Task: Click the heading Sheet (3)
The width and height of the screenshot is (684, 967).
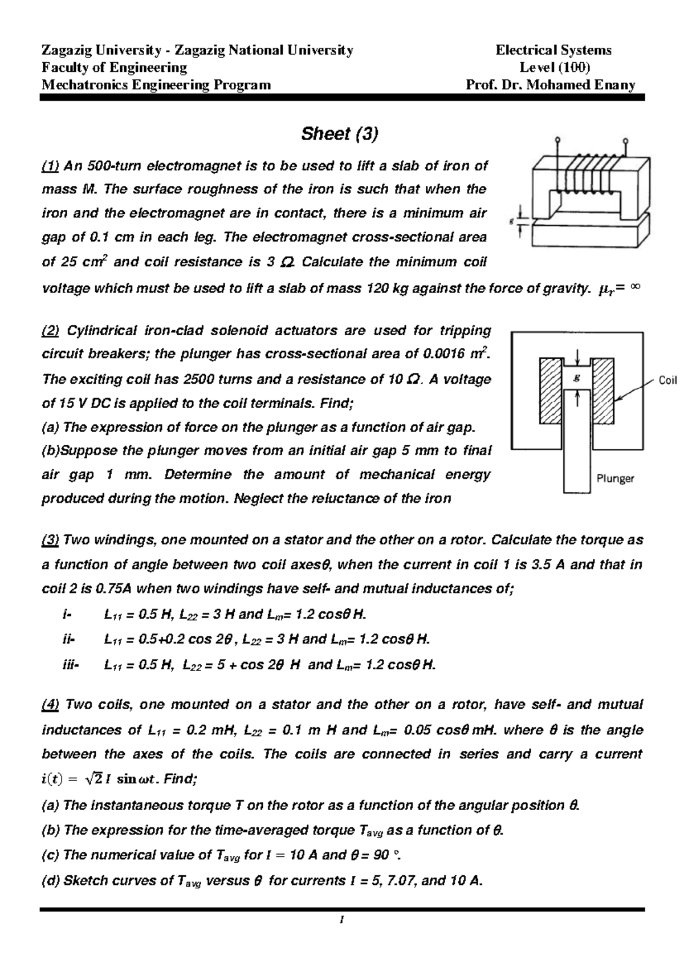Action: click(x=340, y=134)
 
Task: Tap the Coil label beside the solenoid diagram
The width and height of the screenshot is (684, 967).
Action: click(x=667, y=380)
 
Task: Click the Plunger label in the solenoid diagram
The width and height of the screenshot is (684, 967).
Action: click(x=615, y=479)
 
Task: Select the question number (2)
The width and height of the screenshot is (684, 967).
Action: click(x=52, y=331)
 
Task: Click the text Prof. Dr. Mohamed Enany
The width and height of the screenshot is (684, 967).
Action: click(x=551, y=86)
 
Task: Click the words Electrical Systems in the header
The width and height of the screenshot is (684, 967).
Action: click(x=553, y=50)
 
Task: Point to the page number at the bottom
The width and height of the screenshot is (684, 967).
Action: click(x=340, y=919)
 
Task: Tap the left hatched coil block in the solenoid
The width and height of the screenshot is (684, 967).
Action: click(x=551, y=391)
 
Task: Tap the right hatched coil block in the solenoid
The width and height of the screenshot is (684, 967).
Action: click(x=604, y=391)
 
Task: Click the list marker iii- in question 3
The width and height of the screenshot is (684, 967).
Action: click(x=71, y=665)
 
